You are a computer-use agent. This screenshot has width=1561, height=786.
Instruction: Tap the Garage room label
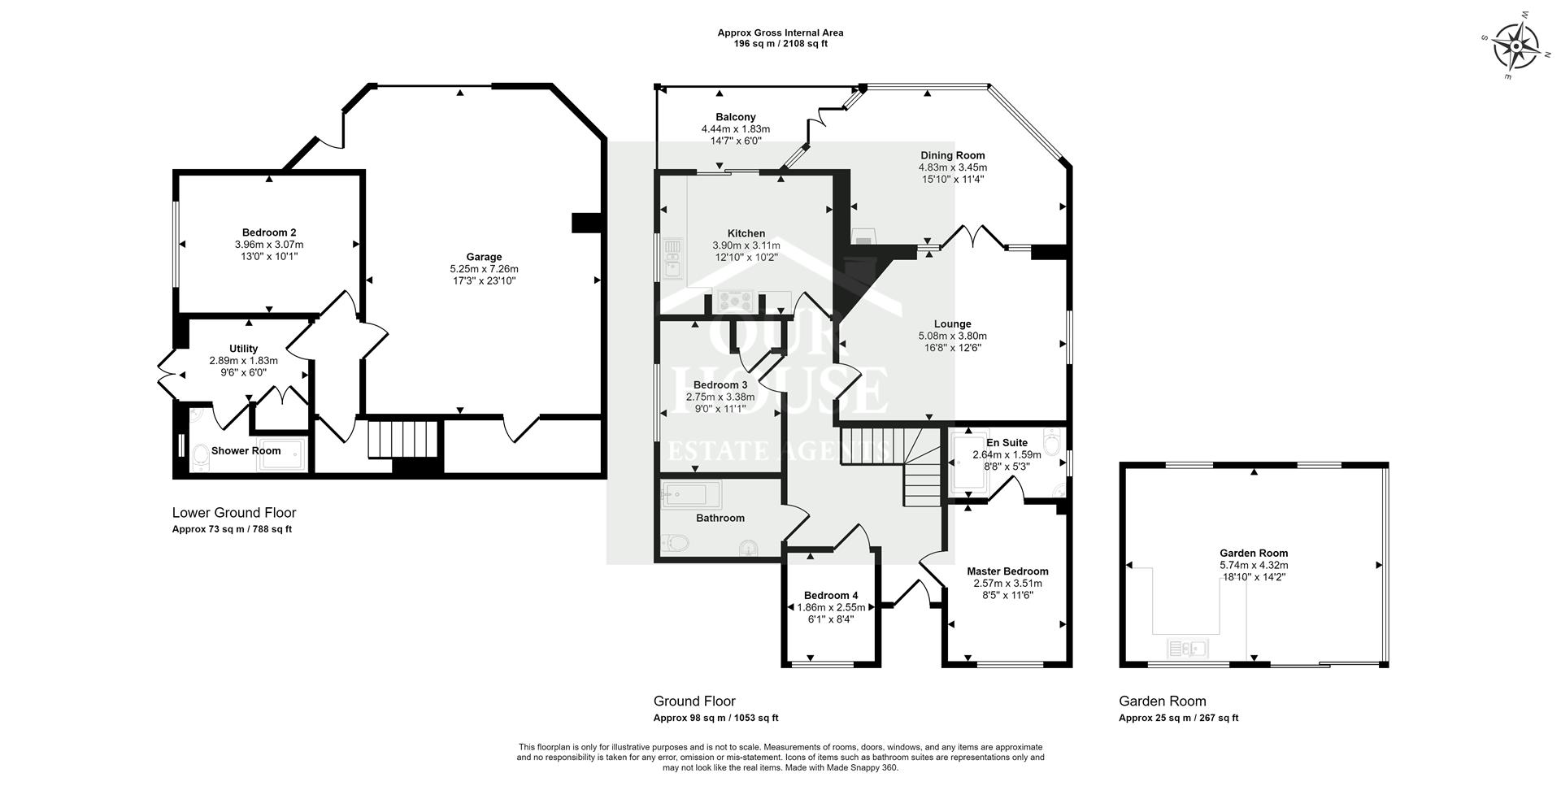point(484,257)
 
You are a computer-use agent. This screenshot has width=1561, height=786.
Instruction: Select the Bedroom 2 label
point(268,232)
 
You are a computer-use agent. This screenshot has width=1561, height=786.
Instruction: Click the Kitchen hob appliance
point(735,301)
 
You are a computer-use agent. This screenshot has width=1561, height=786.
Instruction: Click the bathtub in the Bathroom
point(690,494)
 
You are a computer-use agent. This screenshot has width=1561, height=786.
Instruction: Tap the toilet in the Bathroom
point(676,541)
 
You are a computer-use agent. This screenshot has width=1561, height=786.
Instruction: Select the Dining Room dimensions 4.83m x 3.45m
point(953,167)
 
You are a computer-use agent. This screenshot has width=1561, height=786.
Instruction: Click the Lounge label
point(953,324)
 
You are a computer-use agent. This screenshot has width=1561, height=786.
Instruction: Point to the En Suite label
point(1007,443)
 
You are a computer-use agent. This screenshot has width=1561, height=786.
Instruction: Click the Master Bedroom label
point(1007,571)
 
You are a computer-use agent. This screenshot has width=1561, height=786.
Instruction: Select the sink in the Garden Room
point(1189,649)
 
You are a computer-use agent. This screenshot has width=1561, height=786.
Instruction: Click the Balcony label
point(736,117)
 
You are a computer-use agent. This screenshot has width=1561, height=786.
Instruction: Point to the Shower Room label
point(246,451)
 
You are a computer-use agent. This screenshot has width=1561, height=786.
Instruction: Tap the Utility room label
point(244,349)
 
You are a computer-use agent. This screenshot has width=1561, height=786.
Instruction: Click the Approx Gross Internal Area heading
point(780,33)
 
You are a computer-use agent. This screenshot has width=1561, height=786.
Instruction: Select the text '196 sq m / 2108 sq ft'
point(780,44)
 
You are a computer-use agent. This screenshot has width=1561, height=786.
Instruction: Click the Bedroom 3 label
point(720,385)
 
